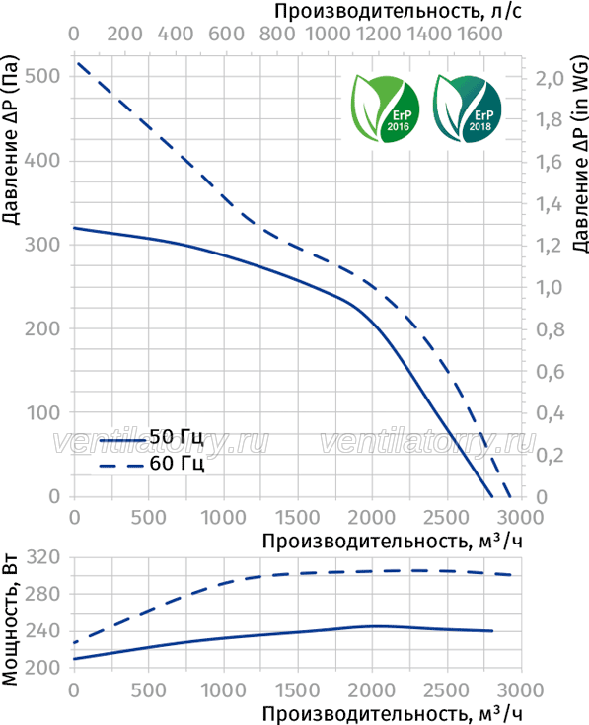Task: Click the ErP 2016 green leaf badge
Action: pos(385,109)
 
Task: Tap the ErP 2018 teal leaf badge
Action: pos(467,109)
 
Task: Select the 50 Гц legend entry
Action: pos(151,437)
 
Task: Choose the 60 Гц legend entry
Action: pos(151,464)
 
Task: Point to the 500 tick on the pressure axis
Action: pos(42,76)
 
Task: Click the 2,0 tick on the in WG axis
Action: pos(551,79)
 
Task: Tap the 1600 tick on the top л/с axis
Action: pos(479,34)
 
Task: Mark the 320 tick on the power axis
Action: pos(43,557)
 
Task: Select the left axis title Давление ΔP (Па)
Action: pos(10,140)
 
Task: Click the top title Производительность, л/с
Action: pos(398,11)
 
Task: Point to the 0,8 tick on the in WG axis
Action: pos(551,329)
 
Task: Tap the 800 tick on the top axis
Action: pos(277,34)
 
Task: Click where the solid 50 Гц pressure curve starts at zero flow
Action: pos(74,228)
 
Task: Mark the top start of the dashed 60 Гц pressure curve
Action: pos(78,62)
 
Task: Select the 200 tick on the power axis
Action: pos(43,668)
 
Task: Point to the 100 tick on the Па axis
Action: pos(43,413)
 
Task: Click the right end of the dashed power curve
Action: pos(511,575)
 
